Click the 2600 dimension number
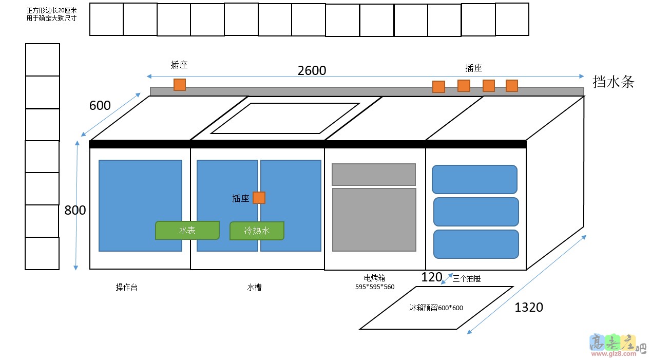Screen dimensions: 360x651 tap(312, 70)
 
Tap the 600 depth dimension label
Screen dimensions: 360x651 tap(100, 105)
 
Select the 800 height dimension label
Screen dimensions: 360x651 tap(75, 210)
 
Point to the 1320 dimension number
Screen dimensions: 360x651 tap(528, 307)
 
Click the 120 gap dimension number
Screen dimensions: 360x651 tap(431, 277)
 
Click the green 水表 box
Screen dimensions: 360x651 tap(187, 230)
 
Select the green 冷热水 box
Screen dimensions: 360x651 tap(257, 231)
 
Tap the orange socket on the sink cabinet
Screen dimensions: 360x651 tap(259, 198)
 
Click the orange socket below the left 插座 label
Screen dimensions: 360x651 tap(179, 85)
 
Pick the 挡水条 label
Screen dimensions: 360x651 tap(613, 82)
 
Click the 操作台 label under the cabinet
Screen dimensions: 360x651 tap(126, 287)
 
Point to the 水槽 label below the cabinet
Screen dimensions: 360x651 tap(254, 287)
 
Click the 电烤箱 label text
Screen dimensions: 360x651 tap(374, 278)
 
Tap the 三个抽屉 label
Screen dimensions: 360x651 tap(466, 278)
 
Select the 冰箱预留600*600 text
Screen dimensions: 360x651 tap(436, 308)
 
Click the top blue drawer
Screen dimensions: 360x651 tap(474, 179)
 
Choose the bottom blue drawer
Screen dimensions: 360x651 tap(476, 244)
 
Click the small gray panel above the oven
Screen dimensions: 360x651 tap(373, 175)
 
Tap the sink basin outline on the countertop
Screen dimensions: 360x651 tap(285, 118)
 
